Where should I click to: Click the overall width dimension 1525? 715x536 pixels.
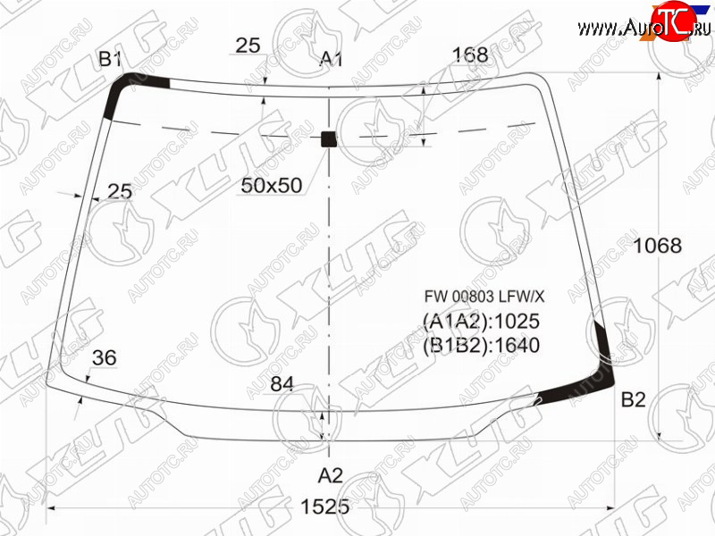click(x=325, y=507)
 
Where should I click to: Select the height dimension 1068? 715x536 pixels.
click(x=658, y=246)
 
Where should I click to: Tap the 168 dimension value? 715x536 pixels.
click(x=470, y=55)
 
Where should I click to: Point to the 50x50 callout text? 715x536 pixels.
click(x=272, y=185)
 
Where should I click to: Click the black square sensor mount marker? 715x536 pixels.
click(x=329, y=139)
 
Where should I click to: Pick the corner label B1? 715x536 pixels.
click(x=110, y=59)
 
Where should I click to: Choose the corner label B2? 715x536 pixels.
click(x=634, y=399)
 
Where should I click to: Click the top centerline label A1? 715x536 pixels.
click(x=331, y=59)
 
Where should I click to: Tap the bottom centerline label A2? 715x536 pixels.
click(x=330, y=475)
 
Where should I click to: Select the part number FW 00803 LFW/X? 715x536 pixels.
click(x=484, y=297)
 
